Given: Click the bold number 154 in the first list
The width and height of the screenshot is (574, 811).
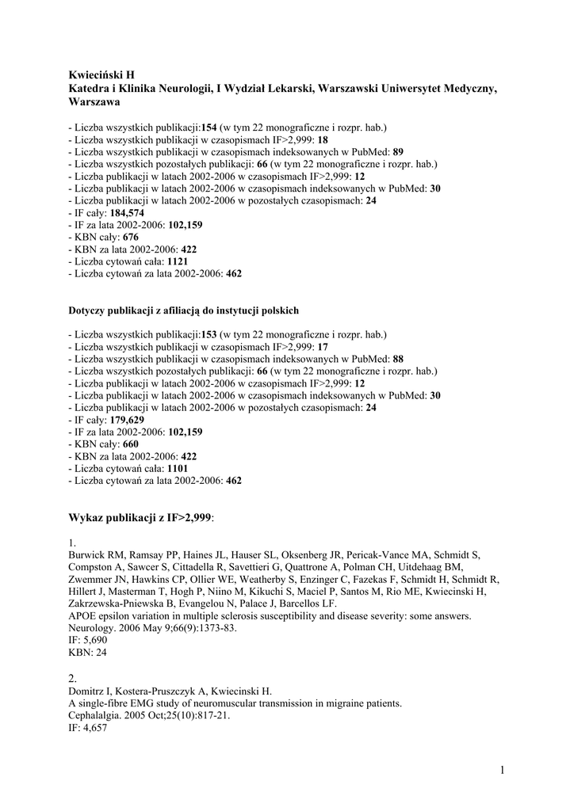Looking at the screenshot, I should (x=209, y=127).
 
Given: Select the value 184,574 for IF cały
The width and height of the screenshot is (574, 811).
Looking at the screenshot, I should (x=127, y=213).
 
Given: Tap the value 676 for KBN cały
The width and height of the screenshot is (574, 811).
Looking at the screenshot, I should (x=131, y=237).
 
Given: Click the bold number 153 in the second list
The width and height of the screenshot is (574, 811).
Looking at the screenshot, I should (x=209, y=335).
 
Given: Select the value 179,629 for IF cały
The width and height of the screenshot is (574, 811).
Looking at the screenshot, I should (x=127, y=420).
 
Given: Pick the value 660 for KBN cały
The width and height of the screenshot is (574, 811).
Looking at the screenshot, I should (x=131, y=444).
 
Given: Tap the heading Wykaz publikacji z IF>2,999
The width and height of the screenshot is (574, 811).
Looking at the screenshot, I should (x=142, y=517).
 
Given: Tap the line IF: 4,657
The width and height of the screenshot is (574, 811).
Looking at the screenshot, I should (x=88, y=727).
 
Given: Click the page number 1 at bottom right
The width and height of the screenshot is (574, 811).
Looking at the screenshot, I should (x=503, y=769).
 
